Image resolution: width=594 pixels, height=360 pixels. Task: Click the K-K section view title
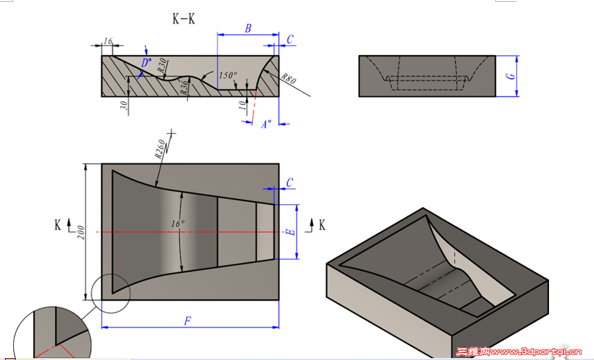(184, 19)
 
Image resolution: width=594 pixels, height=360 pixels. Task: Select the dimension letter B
(248, 28)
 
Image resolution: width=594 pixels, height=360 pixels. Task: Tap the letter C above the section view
(290, 39)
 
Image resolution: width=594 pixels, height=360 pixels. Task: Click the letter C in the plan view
(289, 182)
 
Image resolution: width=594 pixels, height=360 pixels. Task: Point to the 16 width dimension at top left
(108, 41)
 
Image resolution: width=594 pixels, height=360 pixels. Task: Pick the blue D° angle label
(146, 62)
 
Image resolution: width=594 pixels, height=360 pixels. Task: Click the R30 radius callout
(162, 64)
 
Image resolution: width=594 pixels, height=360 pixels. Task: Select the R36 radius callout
(185, 87)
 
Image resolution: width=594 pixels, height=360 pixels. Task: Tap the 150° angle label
(228, 75)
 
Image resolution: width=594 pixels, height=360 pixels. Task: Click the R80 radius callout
(288, 79)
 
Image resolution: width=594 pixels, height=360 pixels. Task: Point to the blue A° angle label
(266, 124)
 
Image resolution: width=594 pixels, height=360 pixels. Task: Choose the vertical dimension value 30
(124, 106)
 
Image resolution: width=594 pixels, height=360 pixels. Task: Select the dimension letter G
(511, 76)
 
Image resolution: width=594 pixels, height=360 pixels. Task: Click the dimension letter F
(187, 321)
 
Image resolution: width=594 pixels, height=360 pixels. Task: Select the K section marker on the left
(57, 224)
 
